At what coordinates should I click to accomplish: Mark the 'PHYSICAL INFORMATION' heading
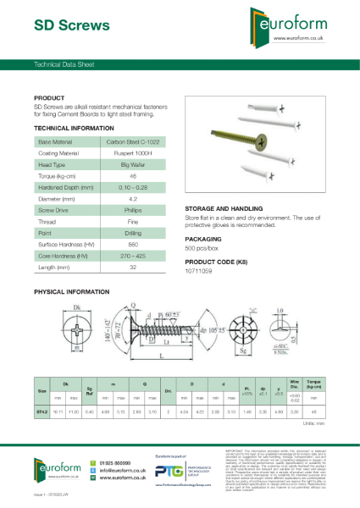[x=71, y=291]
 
